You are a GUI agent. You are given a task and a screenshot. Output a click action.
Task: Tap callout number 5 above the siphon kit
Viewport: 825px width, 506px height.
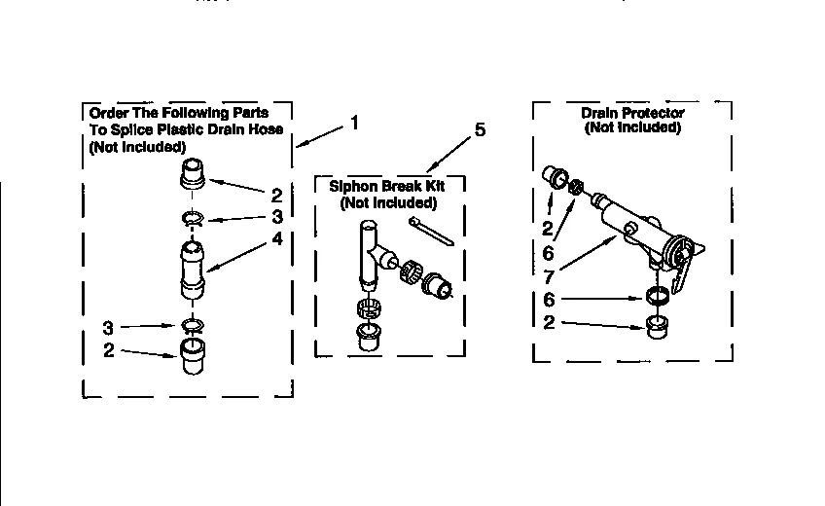click(x=480, y=130)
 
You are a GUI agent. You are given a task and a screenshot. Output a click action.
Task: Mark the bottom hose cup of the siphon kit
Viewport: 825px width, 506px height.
click(x=369, y=338)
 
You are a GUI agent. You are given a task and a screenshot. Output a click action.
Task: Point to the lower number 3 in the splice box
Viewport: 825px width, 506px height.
click(x=110, y=327)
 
